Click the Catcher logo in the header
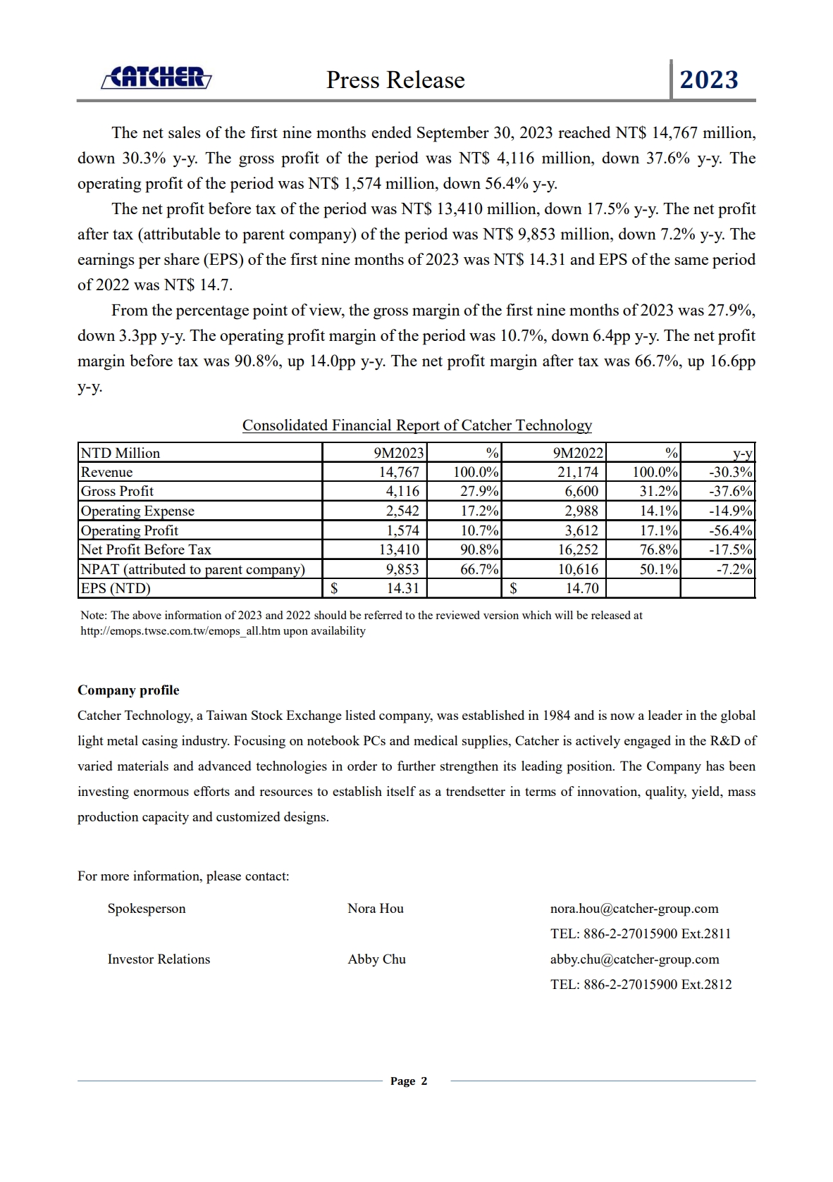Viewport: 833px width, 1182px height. tap(156, 77)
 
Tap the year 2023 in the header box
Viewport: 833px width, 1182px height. tap(708, 80)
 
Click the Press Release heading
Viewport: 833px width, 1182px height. tap(395, 80)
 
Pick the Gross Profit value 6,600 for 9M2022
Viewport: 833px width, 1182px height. tap(581, 492)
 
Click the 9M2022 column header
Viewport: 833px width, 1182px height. tap(578, 453)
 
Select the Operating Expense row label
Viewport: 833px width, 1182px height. tap(137, 511)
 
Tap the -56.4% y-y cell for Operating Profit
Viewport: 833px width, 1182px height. tap(731, 530)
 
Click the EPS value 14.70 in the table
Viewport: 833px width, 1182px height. tap(582, 589)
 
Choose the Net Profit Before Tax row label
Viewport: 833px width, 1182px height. tap(146, 550)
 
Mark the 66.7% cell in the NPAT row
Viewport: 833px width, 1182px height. tap(479, 570)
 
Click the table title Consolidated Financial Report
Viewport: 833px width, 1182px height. tap(416, 425)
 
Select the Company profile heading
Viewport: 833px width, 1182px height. tap(128, 690)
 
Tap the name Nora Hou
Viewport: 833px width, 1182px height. tap(375, 909)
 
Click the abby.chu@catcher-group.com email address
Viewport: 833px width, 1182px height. tap(634, 959)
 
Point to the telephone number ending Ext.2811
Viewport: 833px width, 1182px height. tap(641, 934)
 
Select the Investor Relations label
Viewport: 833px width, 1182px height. tap(159, 959)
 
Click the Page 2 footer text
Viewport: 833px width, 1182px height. tap(409, 1081)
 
